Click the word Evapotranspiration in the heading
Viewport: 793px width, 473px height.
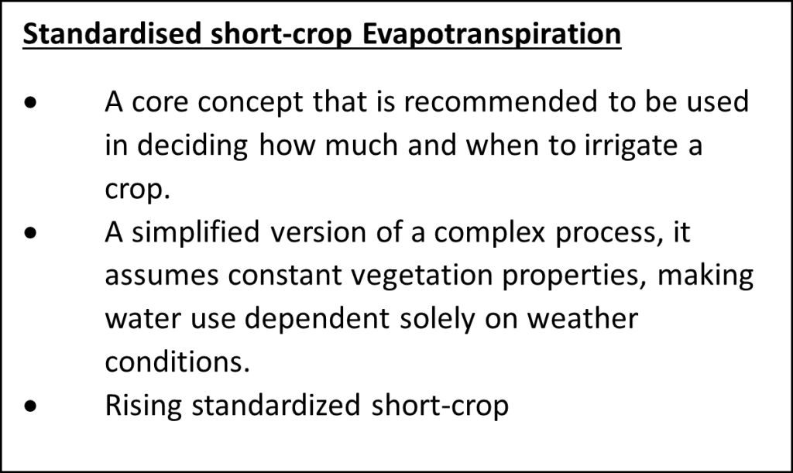point(492,34)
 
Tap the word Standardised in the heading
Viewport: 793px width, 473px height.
point(112,33)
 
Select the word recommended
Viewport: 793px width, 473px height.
point(500,101)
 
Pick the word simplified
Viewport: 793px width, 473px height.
point(196,233)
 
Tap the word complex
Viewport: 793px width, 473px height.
point(489,233)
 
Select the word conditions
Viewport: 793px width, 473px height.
point(177,362)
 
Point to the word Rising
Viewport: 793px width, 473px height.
point(143,406)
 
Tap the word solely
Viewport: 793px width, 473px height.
point(437,320)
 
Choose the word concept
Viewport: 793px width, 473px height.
point(250,103)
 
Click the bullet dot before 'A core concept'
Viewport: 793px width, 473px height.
point(30,103)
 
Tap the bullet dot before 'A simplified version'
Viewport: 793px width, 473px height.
point(30,233)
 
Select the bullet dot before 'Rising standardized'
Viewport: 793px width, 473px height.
point(30,406)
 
